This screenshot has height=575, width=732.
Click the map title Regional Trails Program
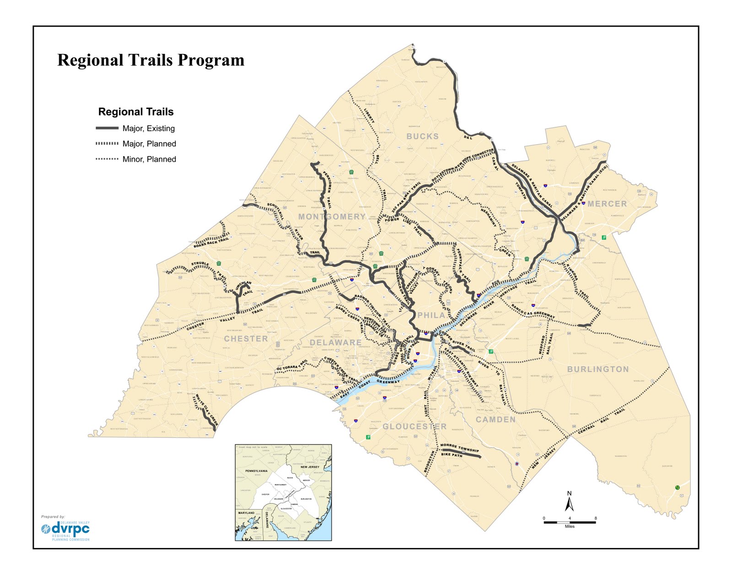click(151, 60)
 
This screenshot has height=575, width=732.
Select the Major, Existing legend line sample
click(107, 128)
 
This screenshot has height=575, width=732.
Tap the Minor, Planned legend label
click(149, 159)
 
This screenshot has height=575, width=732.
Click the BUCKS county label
click(422, 136)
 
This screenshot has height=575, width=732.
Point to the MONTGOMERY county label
click(332, 216)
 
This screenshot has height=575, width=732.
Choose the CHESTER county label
click(246, 339)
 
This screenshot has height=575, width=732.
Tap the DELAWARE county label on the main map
click(335, 343)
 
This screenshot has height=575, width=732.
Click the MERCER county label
click(607, 204)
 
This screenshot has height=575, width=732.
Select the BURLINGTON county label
click(598, 369)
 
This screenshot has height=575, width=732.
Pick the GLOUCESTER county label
click(414, 426)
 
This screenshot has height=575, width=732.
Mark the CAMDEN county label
click(495, 419)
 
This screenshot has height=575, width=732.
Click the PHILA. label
click(431, 315)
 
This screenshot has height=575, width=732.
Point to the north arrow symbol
click(570, 502)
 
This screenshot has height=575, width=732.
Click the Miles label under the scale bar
click(570, 527)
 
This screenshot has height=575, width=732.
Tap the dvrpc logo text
click(71, 529)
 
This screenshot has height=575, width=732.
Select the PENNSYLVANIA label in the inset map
click(256, 471)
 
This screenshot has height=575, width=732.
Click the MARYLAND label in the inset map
click(246, 513)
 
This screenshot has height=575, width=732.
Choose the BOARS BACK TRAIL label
click(211, 242)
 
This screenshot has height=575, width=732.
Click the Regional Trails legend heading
click(136, 112)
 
